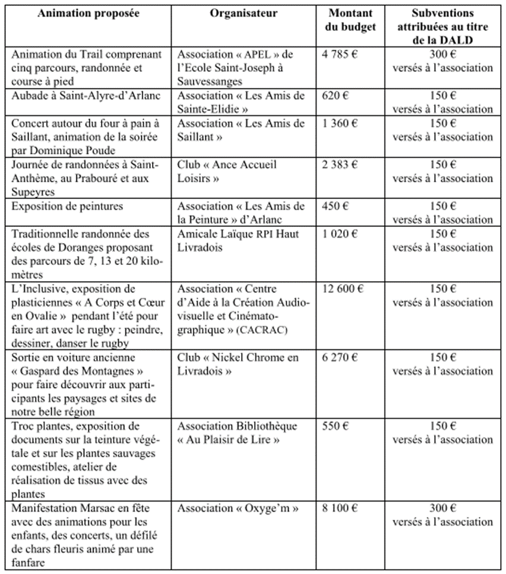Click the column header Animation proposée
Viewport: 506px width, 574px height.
pyautogui.click(x=88, y=14)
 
